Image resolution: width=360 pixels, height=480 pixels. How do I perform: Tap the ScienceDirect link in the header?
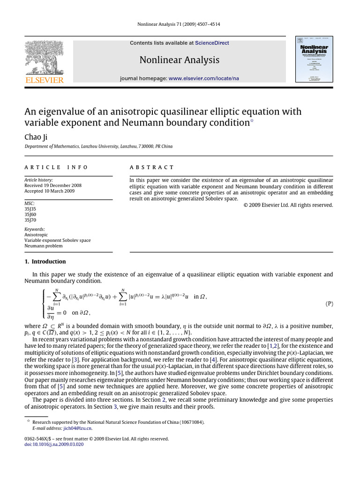tap(212, 43)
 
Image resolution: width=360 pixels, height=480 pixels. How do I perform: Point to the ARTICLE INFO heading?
tap(56, 167)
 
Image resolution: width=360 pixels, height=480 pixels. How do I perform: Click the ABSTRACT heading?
tap(151, 167)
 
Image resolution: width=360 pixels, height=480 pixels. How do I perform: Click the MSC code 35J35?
tap(30, 209)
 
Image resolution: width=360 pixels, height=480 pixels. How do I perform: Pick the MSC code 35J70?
tap(30, 220)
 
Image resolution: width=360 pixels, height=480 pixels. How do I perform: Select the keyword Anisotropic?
tap(36, 234)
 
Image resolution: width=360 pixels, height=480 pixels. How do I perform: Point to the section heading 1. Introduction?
tap(45, 262)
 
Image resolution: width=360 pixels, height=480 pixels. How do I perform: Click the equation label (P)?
tap(329, 303)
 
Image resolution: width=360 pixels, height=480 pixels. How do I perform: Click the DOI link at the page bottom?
tap(53, 444)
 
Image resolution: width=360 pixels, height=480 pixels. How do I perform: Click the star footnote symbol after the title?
tap(252, 121)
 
